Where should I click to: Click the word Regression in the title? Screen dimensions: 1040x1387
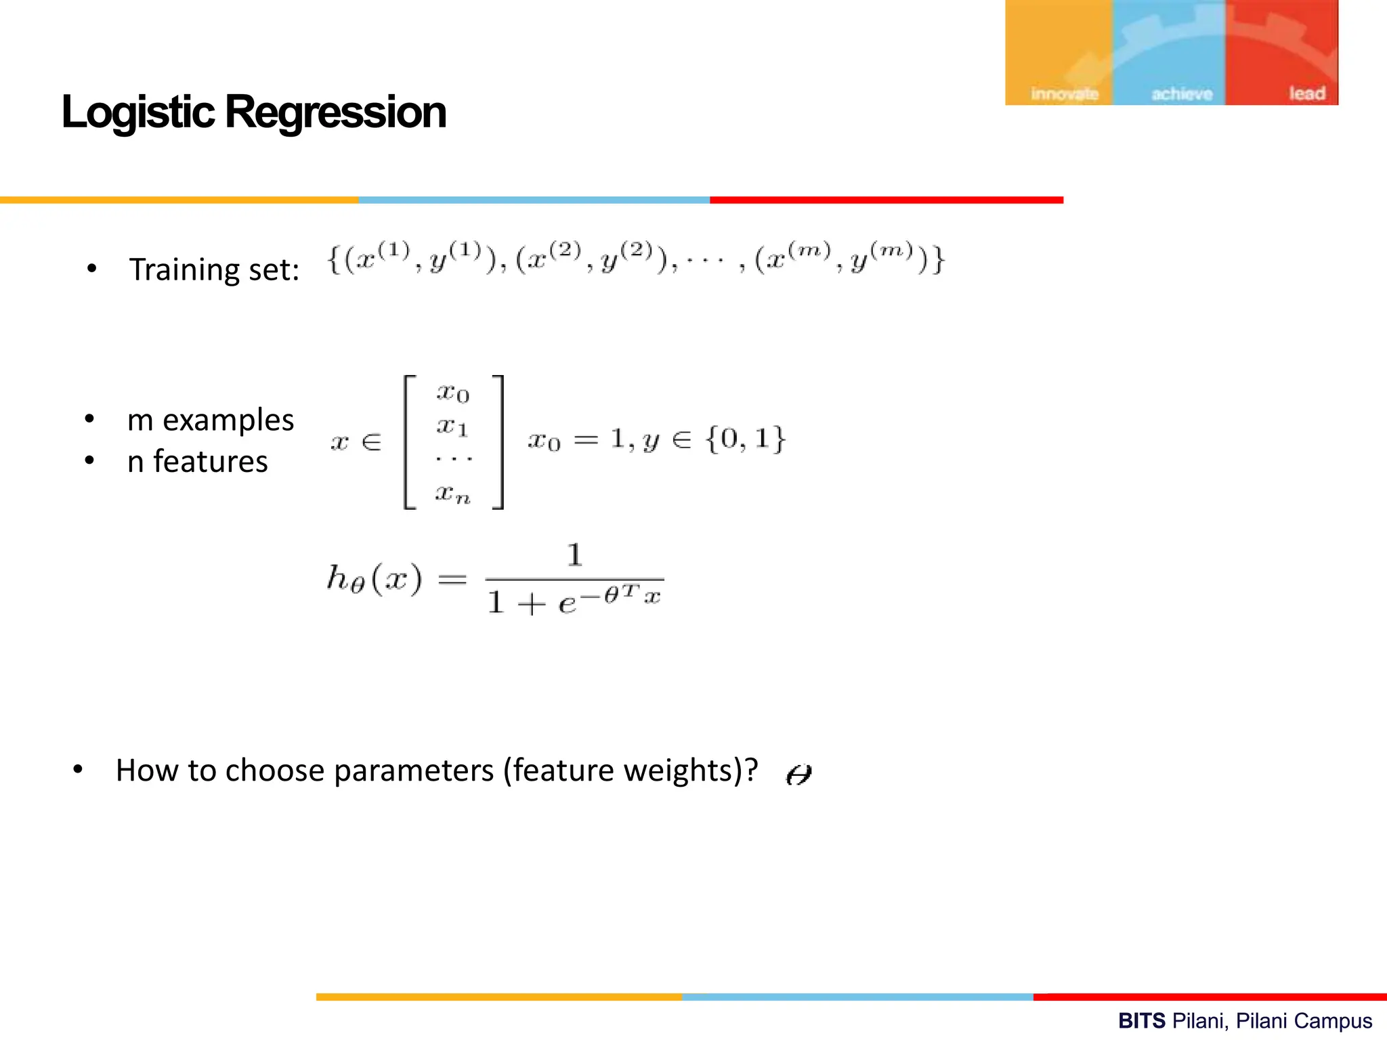[335, 112]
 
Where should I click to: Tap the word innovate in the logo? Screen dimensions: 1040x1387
[1065, 94]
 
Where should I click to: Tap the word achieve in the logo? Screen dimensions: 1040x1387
[1182, 94]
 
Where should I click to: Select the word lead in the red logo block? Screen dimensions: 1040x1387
[1306, 93]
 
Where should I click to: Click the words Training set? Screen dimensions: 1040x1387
[214, 270]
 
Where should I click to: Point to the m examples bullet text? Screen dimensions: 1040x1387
[211, 420]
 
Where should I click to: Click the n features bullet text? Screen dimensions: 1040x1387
[197, 462]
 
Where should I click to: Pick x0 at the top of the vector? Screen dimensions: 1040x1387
[453, 393]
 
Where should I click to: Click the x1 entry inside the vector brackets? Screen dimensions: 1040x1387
[452, 427]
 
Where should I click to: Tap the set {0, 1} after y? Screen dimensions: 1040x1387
[745, 439]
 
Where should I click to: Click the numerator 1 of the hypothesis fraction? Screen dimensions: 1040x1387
[574, 555]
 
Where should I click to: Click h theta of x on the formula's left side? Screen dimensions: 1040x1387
[374, 580]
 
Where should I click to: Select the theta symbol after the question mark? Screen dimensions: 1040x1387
[798, 774]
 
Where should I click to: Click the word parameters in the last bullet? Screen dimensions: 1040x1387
[414, 771]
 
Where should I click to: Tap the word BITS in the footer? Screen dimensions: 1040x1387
[1142, 1020]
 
